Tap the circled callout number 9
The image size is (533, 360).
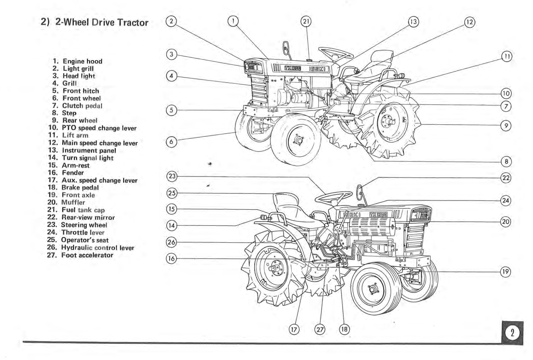(506, 125)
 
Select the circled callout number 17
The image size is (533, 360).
(294, 329)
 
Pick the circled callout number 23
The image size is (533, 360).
(172, 176)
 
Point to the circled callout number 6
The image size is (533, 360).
(172, 142)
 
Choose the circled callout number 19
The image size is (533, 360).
(506, 272)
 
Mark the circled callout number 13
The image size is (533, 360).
(413, 22)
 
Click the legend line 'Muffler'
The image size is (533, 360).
(73, 202)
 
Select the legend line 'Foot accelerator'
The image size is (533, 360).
(87, 255)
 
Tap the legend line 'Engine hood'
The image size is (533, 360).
(82, 61)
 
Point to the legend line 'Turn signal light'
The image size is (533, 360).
(88, 158)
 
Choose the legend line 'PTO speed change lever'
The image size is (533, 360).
(99, 128)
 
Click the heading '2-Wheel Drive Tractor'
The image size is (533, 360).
(102, 23)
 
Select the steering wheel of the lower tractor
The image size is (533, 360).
(333, 198)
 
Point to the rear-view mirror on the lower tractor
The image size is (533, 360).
(360, 192)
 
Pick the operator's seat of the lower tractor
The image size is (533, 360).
(287, 203)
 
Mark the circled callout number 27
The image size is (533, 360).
(320, 329)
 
